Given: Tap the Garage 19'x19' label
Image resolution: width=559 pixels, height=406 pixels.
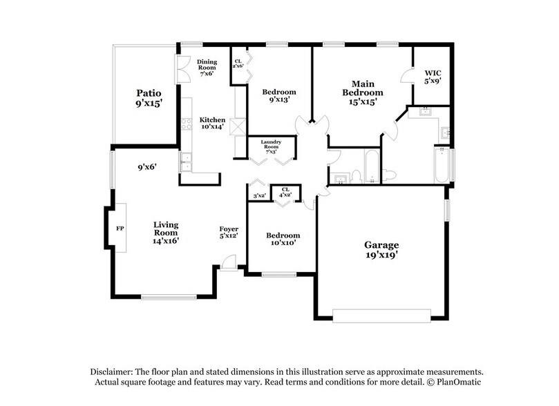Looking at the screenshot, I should pos(382,251).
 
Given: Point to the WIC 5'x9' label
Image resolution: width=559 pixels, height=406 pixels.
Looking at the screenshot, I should pos(433,75).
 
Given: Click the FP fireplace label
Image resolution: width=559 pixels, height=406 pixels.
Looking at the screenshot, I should pos(119,228).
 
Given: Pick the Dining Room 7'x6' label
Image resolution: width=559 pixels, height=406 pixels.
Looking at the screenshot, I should pos(207,67).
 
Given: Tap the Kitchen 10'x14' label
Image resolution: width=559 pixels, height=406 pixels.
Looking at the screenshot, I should pos(212,124).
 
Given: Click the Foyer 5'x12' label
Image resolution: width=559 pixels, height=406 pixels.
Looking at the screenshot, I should pos(229,233).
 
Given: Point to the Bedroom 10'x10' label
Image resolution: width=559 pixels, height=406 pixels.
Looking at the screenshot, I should pos(283,240).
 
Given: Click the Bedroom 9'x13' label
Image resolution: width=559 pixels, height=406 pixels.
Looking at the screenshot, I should pos(279,95).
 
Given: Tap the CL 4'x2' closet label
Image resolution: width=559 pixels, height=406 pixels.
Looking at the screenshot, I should pos(284,193).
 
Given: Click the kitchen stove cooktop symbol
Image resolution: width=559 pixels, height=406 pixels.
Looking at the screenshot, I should pos(185,124).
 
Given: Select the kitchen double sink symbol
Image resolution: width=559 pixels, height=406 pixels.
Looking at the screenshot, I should pos(186,162).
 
